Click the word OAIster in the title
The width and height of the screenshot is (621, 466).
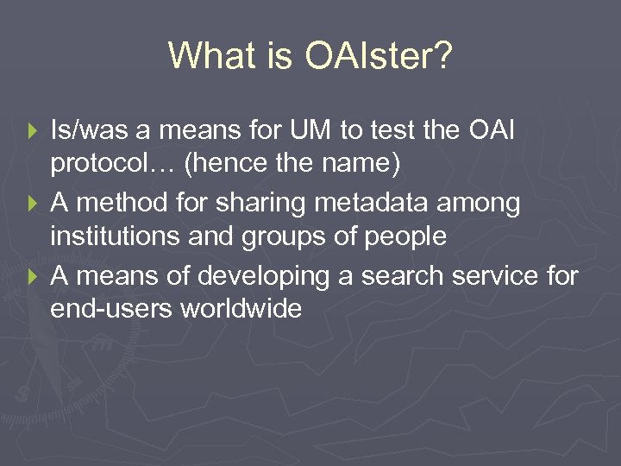click(379, 57)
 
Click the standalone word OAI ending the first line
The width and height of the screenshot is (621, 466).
click(489, 132)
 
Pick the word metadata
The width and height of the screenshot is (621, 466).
click(380, 204)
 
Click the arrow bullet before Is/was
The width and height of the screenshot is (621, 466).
click(34, 133)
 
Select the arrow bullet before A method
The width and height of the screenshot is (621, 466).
click(34, 205)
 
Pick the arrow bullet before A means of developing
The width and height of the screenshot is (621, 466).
click(34, 276)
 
